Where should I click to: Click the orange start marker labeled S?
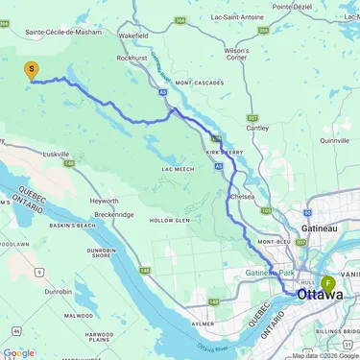coord(32,70)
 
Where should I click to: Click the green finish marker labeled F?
coord(328,284)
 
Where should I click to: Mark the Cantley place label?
coord(257,128)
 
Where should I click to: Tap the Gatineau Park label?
coord(274,274)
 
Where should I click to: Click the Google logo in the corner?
coord(18,352)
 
